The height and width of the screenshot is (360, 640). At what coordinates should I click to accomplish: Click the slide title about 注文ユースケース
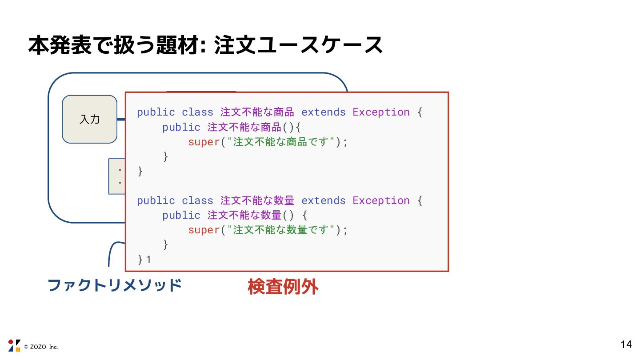coord(205,45)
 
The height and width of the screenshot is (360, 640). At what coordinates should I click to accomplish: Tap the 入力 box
coord(89,119)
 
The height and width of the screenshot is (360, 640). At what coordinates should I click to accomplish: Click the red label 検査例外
coord(283,287)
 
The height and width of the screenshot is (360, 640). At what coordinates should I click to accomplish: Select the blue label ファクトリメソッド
coord(115,285)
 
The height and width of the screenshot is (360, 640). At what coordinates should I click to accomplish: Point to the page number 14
coord(626,344)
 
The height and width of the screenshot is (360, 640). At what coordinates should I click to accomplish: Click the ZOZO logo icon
coord(14,345)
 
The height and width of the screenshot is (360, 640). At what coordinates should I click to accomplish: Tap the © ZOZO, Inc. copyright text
coord(41,347)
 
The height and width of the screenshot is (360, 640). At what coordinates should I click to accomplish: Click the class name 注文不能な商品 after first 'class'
coord(257,112)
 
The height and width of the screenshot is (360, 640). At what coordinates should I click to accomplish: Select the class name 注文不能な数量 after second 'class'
coord(257,200)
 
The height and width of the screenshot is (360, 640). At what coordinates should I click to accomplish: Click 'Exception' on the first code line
coord(381,112)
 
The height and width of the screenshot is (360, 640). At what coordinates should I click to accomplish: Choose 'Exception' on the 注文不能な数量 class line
coord(381,200)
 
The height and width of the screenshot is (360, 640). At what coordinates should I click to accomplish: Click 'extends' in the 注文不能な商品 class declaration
coord(323,112)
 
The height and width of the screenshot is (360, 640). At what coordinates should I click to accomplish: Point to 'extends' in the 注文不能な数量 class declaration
coord(323,200)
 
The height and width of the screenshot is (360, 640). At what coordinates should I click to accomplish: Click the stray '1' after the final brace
coord(148,260)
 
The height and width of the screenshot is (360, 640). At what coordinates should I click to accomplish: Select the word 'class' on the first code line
coord(197,112)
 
